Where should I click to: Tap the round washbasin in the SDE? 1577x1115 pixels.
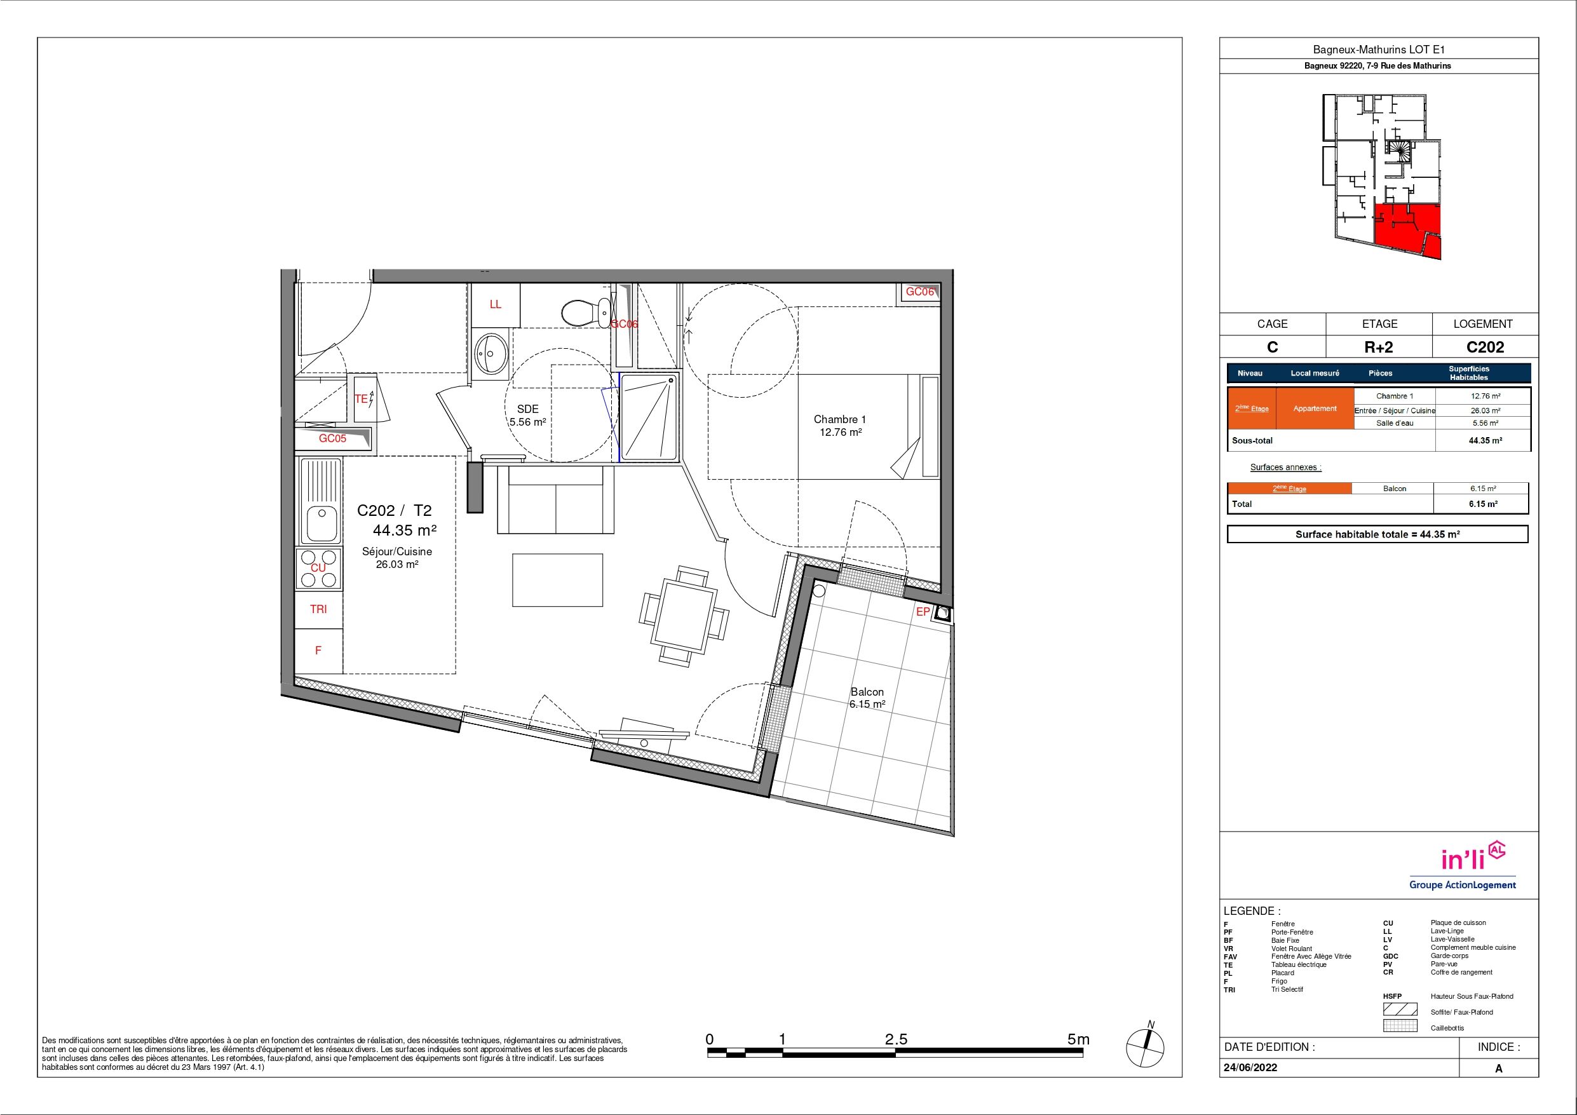click(492, 353)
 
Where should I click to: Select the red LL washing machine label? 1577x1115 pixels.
click(495, 304)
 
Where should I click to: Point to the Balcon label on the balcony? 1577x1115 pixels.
click(867, 692)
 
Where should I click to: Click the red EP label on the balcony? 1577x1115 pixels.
click(923, 611)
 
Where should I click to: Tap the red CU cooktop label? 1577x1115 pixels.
click(318, 568)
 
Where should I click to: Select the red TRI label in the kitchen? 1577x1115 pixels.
click(318, 609)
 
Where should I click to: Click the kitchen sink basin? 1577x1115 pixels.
click(321, 524)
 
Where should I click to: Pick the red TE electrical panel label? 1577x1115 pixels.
click(361, 399)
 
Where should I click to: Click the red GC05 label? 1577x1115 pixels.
click(332, 438)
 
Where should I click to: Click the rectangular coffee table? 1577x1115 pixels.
click(557, 580)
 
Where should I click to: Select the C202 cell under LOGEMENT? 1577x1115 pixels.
click(1485, 348)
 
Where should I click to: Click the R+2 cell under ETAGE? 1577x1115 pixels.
click(1379, 348)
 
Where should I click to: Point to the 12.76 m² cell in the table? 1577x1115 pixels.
click(1485, 396)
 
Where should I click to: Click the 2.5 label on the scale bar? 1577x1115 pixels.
click(897, 1039)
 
